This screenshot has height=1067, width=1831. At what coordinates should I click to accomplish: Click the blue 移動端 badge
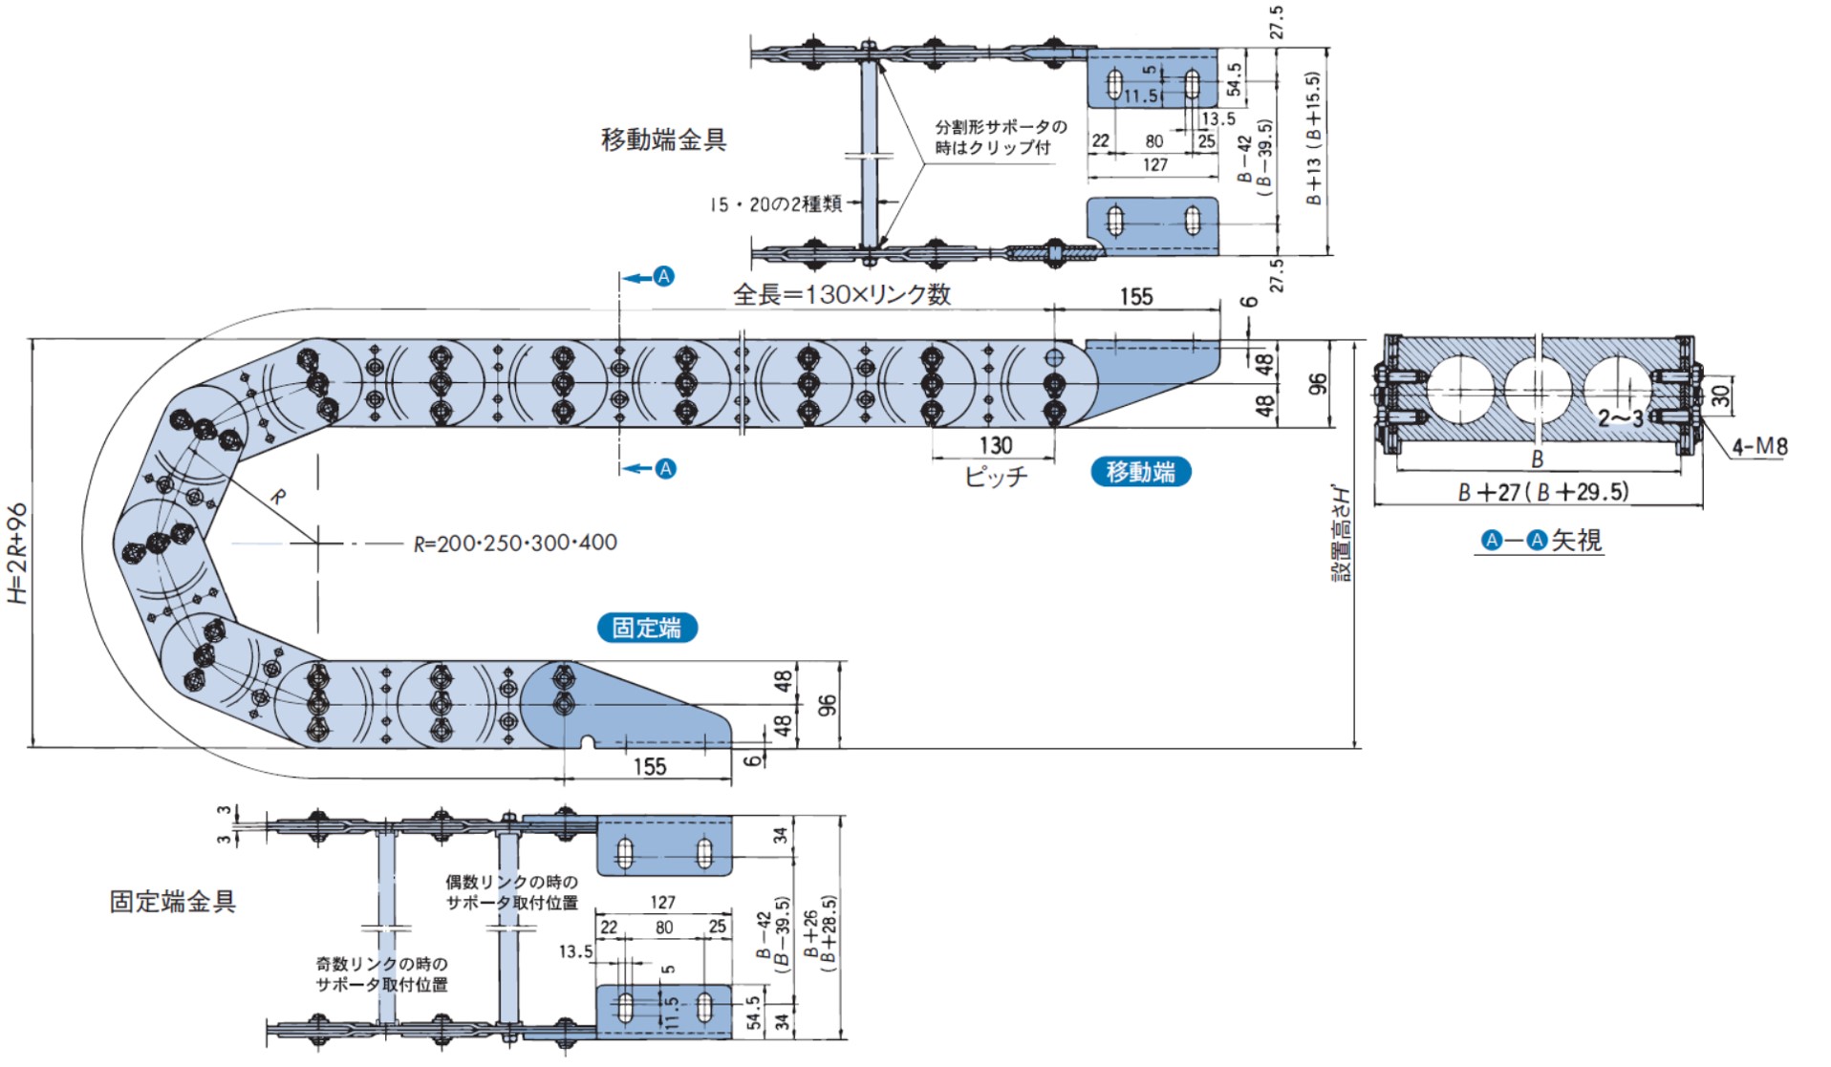(x=1140, y=472)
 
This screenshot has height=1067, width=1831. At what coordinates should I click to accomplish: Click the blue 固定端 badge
(x=647, y=628)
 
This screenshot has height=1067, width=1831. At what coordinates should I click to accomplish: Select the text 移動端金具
(x=663, y=139)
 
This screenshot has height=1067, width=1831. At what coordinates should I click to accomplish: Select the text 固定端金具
(x=172, y=901)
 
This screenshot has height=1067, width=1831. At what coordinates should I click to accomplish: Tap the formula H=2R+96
(x=18, y=553)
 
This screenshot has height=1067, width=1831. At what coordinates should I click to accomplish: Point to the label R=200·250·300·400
(x=515, y=544)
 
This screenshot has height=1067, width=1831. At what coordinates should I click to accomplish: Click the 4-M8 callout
(x=1758, y=446)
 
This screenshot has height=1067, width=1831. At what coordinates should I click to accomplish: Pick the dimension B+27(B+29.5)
(x=1542, y=492)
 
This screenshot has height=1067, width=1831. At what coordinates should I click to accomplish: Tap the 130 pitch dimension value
(x=995, y=445)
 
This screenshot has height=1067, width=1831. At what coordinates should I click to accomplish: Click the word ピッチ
(x=995, y=476)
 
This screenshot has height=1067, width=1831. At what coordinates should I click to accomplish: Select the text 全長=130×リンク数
(x=841, y=294)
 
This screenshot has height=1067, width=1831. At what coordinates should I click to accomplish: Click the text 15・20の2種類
(x=775, y=204)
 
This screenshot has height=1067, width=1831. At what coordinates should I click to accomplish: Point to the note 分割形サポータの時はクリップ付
(x=1000, y=137)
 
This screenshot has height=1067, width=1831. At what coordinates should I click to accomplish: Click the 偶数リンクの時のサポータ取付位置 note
(x=511, y=892)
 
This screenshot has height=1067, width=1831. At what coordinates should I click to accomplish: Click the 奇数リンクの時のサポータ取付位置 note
(x=381, y=974)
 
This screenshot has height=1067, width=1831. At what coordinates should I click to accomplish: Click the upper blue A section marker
(x=664, y=277)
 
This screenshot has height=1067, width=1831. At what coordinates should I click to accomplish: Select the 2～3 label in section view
(x=1621, y=418)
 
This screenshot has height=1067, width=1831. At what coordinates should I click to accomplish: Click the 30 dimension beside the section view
(x=1720, y=395)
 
